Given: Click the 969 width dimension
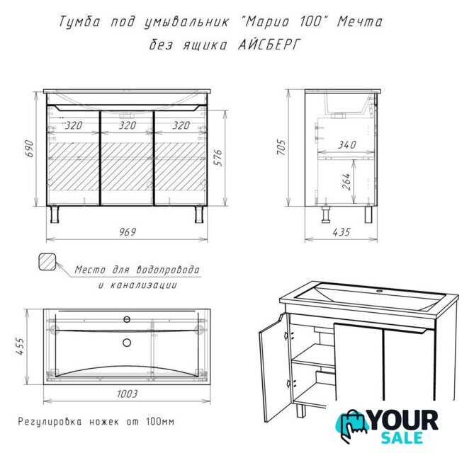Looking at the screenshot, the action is [x=128, y=232].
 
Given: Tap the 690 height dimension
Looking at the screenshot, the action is [x=30, y=148].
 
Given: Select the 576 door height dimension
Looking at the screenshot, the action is [x=218, y=157].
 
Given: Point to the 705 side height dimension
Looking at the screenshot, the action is [x=281, y=147].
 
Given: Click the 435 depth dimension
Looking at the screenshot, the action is [x=342, y=232].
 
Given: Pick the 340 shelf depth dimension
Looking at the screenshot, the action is [x=347, y=144].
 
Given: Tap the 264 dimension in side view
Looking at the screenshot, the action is [x=346, y=181].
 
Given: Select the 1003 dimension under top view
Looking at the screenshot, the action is [x=128, y=394].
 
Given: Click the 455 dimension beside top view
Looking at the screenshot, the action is [x=20, y=346].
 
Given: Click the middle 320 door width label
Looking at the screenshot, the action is [x=128, y=125].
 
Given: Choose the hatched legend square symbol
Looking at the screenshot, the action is [x=47, y=261].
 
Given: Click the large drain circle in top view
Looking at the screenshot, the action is [x=127, y=342].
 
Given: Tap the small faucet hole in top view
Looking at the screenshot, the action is [x=127, y=319].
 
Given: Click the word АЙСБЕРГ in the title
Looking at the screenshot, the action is [x=270, y=45].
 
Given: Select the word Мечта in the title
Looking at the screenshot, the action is [x=360, y=22].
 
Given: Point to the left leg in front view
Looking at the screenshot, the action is [x=55, y=214].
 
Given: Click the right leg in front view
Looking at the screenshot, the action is [x=199, y=214].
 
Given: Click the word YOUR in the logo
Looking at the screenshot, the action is [x=404, y=420].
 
